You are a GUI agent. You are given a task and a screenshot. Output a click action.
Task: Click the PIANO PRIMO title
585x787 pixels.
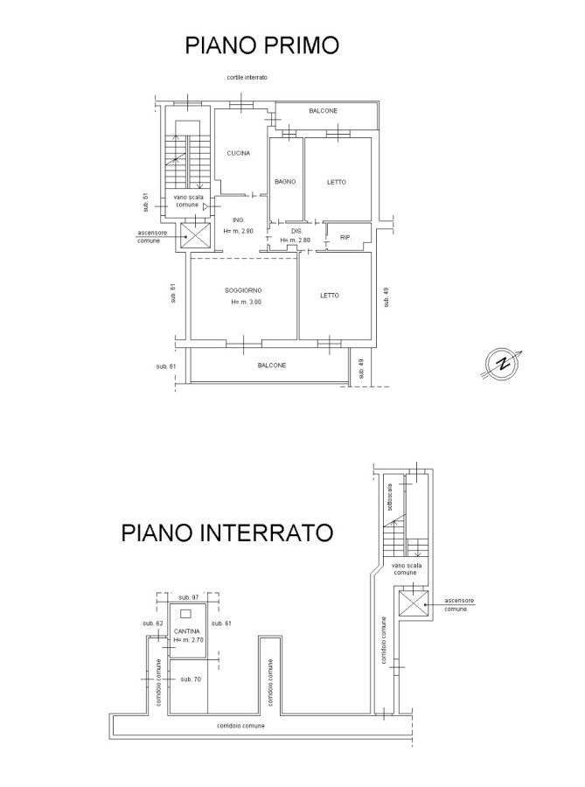[262, 45]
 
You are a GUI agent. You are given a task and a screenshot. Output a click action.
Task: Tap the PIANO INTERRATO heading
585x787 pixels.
[227, 533]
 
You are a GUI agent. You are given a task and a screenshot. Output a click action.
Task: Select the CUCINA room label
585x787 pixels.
[239, 153]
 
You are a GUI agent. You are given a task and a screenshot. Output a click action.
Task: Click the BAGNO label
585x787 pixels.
[285, 182]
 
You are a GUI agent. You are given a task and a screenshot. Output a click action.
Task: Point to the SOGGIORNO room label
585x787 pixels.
[243, 290]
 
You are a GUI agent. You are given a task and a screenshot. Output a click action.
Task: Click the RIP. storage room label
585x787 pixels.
[345, 237]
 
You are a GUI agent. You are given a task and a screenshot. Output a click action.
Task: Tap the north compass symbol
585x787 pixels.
[502, 365]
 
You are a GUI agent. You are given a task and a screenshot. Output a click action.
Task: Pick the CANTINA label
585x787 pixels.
[186, 631]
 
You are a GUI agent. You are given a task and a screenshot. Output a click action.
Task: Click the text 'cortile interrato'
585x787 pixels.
[247, 78]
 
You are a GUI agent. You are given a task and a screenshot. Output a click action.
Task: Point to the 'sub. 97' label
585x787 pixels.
[189, 597]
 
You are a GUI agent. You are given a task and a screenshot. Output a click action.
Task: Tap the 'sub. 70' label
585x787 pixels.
[191, 679]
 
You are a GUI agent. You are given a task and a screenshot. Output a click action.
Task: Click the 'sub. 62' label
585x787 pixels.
[153, 623]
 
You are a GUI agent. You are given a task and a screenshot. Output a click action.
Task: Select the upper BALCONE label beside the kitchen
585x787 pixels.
[323, 111]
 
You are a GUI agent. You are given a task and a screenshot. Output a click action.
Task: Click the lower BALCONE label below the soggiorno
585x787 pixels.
[272, 366]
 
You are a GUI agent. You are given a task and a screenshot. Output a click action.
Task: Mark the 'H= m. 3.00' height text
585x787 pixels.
[247, 303]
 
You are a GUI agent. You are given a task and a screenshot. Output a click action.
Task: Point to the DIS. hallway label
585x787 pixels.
[296, 232]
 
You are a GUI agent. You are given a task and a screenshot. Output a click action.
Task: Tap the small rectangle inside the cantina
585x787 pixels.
[185, 613]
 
